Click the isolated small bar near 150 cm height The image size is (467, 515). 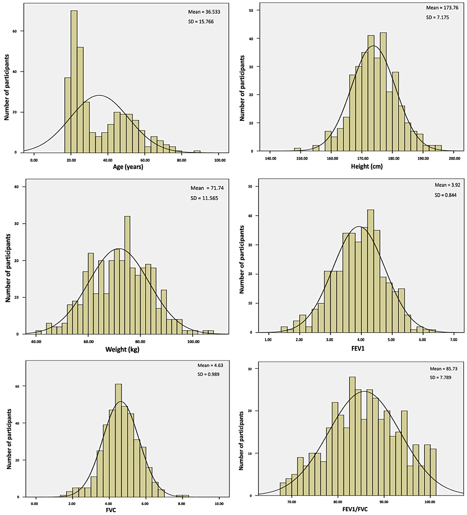[297, 150]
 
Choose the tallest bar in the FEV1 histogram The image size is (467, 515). [370, 271]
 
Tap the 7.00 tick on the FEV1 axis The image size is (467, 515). [454, 340]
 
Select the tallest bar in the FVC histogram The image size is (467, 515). [118, 440]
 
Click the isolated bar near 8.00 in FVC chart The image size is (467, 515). [182, 496]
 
